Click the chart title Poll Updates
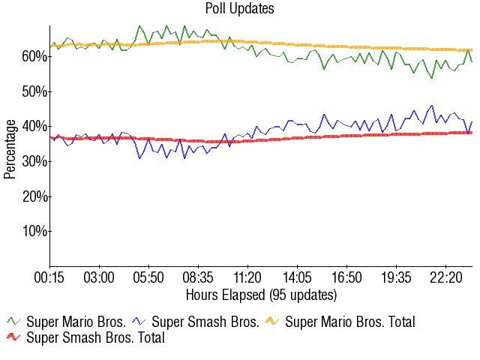click(x=240, y=9)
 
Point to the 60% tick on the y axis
click(x=34, y=56)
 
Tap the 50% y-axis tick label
click(x=34, y=91)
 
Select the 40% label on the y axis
click(x=34, y=126)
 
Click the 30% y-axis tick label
click(x=34, y=161)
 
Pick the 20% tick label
click(x=34, y=196)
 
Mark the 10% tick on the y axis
click(x=34, y=231)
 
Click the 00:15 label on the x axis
click(x=50, y=278)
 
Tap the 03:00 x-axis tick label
click(x=100, y=278)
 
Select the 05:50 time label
click(x=149, y=278)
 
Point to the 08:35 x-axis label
click(x=199, y=278)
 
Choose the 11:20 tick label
click(x=248, y=278)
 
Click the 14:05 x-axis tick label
click(x=298, y=278)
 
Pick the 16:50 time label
click(x=347, y=278)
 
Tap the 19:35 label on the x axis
click(x=397, y=278)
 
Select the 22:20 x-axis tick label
click(x=446, y=278)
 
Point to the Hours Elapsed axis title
click(x=261, y=294)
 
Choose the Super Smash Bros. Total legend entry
click(x=95, y=338)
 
